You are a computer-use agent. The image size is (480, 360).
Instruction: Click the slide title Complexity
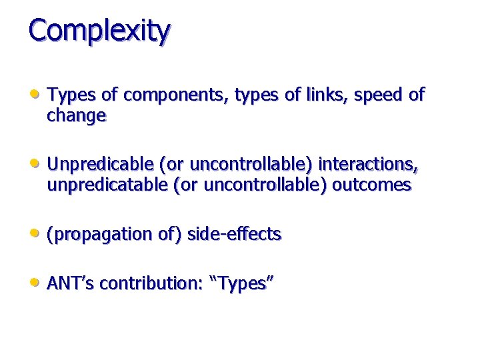coord(99,31)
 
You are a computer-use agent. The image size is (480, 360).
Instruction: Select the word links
coord(325,95)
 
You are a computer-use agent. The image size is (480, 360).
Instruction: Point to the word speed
coord(379,95)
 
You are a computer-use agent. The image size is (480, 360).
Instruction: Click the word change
coord(76,116)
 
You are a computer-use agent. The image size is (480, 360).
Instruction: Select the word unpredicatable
coord(107,185)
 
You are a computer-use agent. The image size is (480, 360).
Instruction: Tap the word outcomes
coord(371,185)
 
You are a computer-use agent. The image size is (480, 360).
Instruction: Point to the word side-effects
coord(235,234)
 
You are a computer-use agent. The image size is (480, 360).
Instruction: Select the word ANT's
coord(69,283)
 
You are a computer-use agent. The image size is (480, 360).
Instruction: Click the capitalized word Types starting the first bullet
coord(69,95)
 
